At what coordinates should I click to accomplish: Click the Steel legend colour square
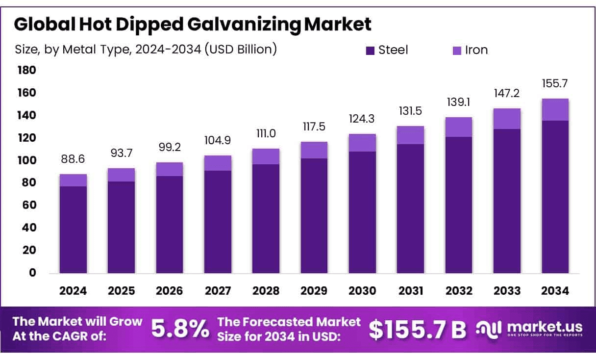click(370, 50)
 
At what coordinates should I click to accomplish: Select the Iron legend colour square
click(456, 50)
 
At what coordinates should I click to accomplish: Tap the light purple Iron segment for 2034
click(555, 110)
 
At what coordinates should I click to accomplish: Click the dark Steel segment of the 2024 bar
click(73, 230)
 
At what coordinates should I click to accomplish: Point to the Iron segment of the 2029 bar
click(314, 150)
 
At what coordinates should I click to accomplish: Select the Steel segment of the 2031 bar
click(410, 208)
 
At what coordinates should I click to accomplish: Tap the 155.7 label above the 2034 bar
click(555, 84)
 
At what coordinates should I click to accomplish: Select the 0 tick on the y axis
click(33, 273)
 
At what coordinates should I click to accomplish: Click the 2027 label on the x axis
click(218, 291)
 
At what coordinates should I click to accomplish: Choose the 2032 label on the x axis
click(459, 291)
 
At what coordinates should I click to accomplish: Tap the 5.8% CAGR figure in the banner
click(179, 329)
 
